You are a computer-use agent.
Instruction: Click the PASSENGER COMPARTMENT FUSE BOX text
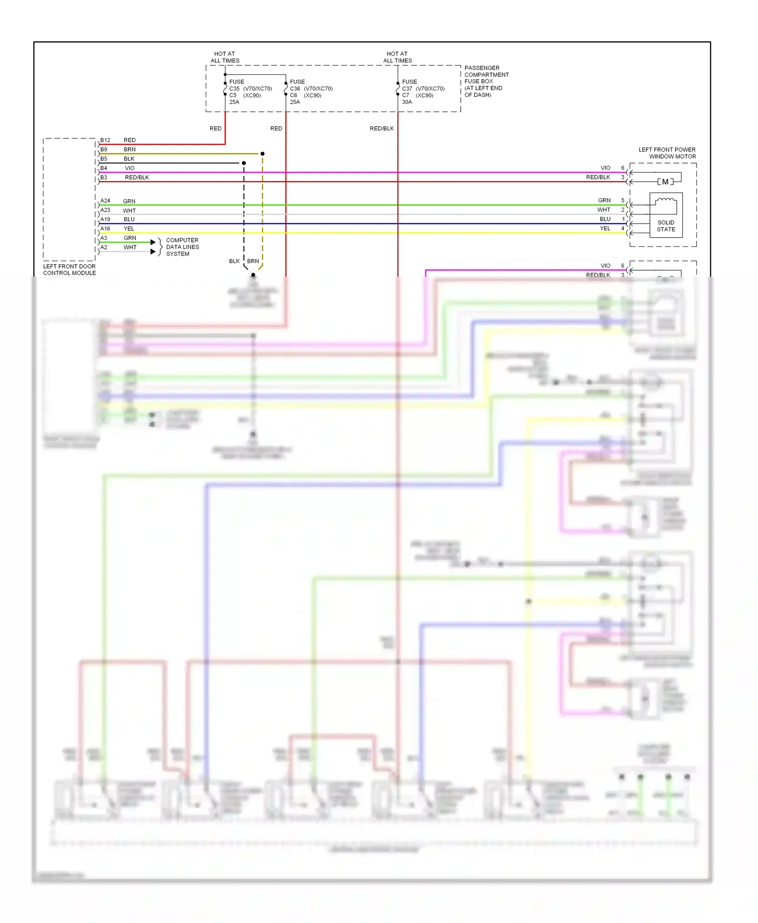[x=486, y=81]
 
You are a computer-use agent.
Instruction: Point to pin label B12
[x=105, y=140]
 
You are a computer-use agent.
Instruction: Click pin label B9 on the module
[x=104, y=149]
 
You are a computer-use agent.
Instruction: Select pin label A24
[x=105, y=200]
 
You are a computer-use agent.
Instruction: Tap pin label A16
[x=105, y=228]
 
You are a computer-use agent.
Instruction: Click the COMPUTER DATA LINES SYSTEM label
[x=182, y=247]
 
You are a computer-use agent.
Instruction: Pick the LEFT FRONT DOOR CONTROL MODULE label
[x=69, y=270]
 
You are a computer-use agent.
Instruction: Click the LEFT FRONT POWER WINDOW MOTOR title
[x=667, y=153]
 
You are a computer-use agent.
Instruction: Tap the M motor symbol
[x=665, y=182]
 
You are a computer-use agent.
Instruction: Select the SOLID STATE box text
[x=666, y=226]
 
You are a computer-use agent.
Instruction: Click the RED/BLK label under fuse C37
[x=382, y=128]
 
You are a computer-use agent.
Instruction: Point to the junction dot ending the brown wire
[x=262, y=153]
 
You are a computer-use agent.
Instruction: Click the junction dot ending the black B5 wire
[x=244, y=163]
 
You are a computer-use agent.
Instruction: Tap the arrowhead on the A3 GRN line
[x=153, y=242]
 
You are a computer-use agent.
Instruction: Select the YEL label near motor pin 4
[x=605, y=228]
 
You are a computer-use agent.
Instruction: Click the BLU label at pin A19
[x=129, y=219]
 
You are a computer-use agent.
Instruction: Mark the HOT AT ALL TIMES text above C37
[x=397, y=57]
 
